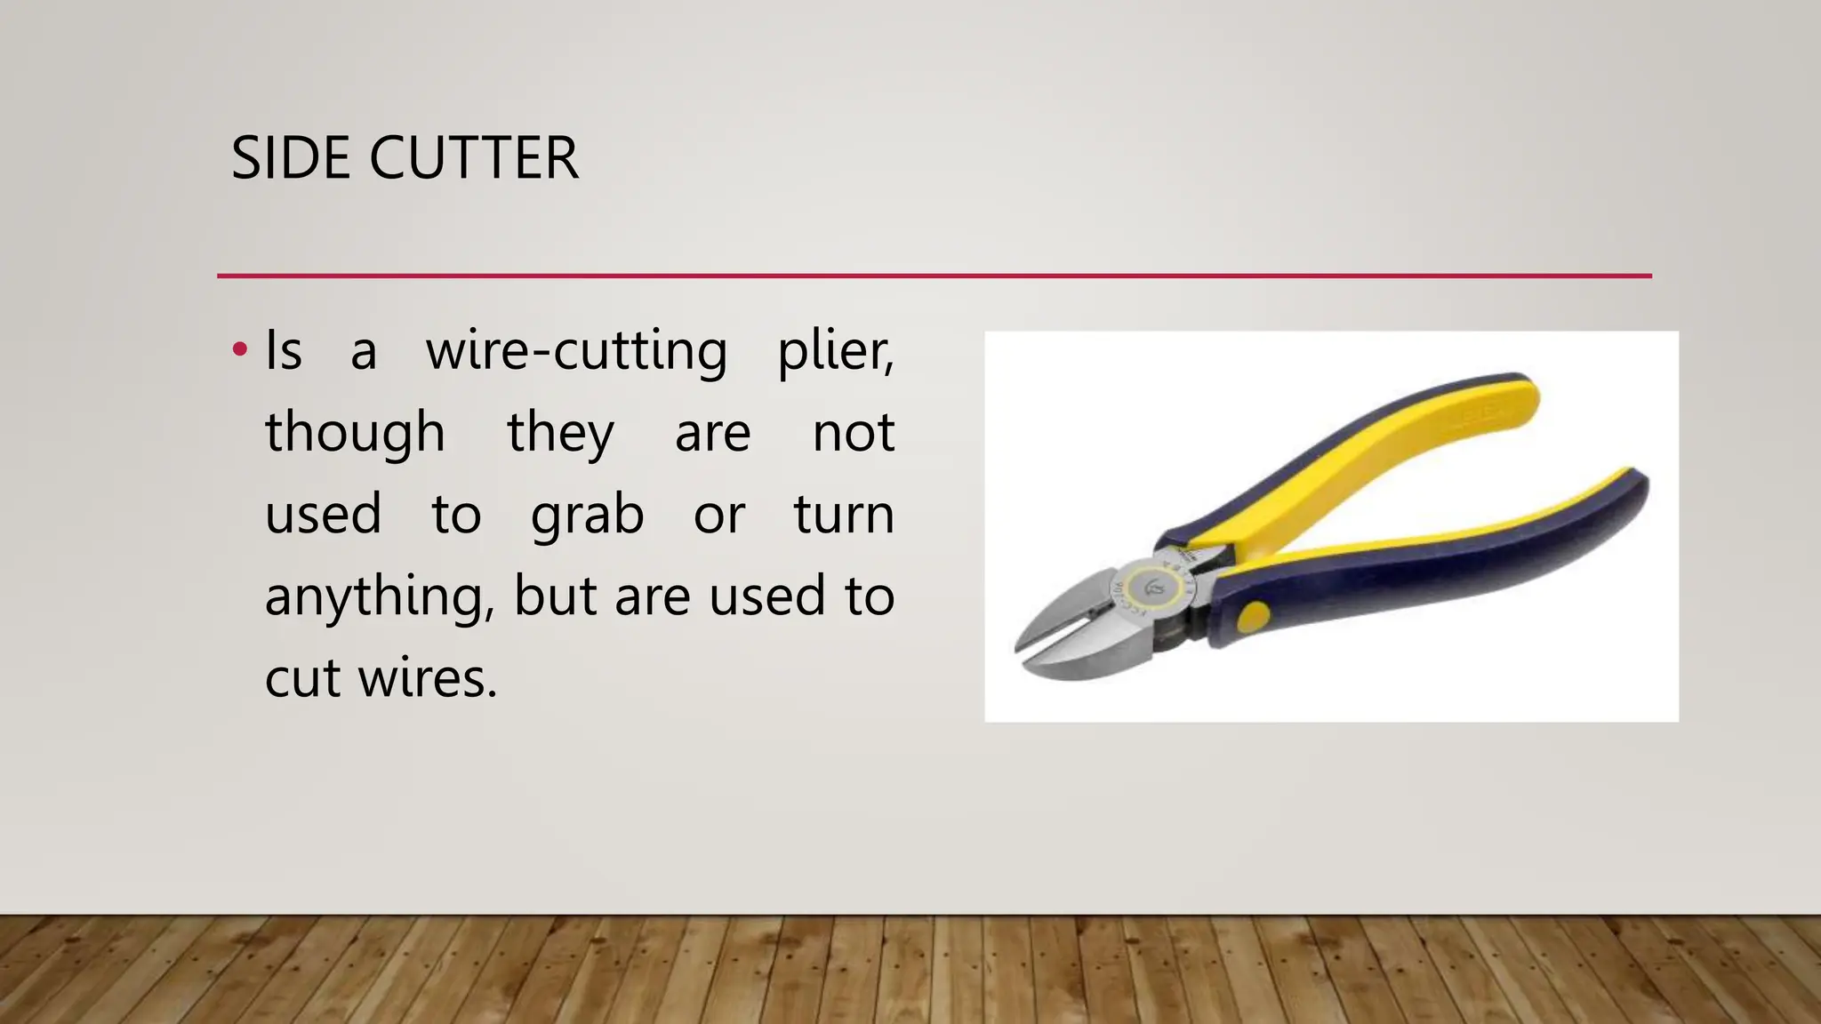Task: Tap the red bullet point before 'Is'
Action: [x=238, y=349]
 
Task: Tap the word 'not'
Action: [x=853, y=434]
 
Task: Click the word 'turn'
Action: [x=844, y=515]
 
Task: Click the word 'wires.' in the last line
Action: [x=428, y=679]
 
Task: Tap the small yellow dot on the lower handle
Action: [x=1254, y=616]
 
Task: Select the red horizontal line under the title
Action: [x=934, y=276]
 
